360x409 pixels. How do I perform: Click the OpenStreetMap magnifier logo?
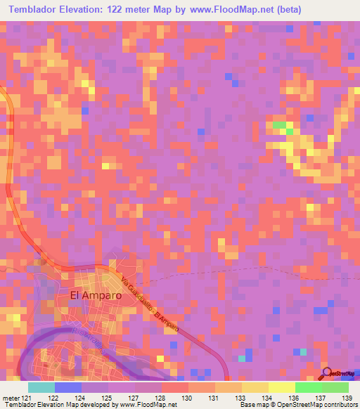(x=327, y=372)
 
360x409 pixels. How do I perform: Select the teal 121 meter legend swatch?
(x=41, y=387)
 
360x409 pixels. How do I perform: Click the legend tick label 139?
(x=344, y=397)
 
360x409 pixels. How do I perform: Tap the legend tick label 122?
(x=53, y=397)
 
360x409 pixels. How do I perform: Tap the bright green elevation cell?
(x=281, y=126)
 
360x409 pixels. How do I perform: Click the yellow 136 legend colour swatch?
(x=281, y=387)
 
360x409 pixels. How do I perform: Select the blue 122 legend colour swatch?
(x=67, y=387)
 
